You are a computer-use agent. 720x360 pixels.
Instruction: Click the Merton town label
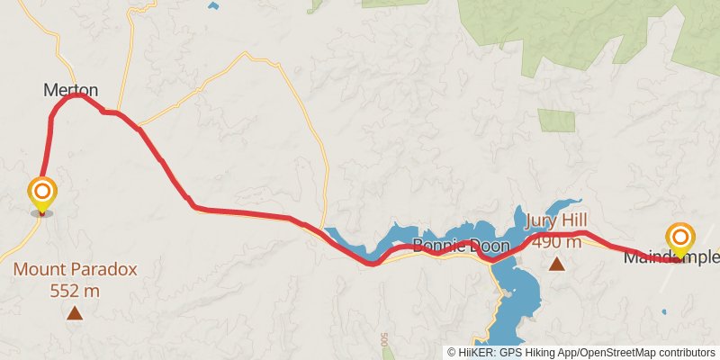(x=70, y=90)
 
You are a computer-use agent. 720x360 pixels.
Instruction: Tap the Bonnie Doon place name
(x=461, y=246)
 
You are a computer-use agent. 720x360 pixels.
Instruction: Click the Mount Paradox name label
(x=75, y=269)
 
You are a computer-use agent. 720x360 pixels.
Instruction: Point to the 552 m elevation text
(x=75, y=290)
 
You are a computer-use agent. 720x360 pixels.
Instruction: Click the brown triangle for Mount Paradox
(x=75, y=313)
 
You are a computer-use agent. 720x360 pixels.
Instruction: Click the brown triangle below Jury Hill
(x=557, y=264)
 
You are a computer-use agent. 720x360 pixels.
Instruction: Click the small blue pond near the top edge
(x=212, y=5)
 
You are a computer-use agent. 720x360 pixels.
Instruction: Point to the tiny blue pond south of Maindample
(x=664, y=311)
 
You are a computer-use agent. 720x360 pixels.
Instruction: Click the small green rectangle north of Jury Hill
(x=556, y=121)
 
